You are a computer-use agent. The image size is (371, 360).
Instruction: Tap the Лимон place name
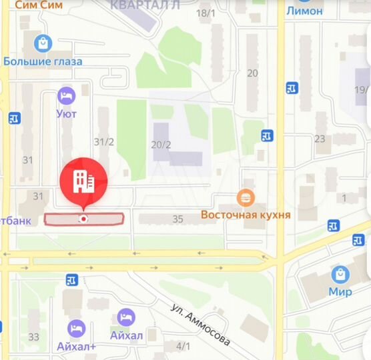(304, 11)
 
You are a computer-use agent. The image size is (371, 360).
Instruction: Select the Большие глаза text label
(43, 61)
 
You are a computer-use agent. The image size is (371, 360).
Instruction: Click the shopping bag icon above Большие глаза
(43, 44)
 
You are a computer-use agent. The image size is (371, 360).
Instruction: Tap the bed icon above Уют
(66, 96)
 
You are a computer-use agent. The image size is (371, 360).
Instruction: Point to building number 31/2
(103, 142)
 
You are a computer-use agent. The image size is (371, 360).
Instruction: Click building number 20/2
(161, 145)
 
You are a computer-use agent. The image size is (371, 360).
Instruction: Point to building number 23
(320, 139)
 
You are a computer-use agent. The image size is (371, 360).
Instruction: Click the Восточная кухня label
(246, 215)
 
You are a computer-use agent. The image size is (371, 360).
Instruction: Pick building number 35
(177, 219)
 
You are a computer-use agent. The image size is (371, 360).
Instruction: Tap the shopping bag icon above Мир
(340, 274)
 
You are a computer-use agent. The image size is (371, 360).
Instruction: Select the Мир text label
(340, 291)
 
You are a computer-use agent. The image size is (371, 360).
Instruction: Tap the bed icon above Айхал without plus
(126, 317)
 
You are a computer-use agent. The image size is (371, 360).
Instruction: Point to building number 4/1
(183, 346)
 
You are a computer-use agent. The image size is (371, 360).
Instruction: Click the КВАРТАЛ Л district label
(146, 5)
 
